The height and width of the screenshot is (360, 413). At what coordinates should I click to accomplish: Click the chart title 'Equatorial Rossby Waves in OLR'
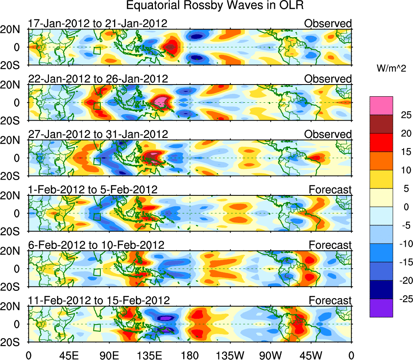pos(215,6)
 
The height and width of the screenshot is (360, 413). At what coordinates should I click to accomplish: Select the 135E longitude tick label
pos(150,355)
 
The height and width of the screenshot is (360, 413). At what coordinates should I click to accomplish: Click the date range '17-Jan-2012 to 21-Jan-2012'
pos(97,23)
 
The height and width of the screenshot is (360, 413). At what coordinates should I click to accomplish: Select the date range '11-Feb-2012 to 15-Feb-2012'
pos(99,301)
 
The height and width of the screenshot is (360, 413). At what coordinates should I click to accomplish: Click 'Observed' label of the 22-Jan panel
pos(328,79)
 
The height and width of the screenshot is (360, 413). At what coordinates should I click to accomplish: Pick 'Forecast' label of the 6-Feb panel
pos(330,245)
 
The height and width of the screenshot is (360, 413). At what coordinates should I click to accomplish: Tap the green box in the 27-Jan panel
pos(97,161)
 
